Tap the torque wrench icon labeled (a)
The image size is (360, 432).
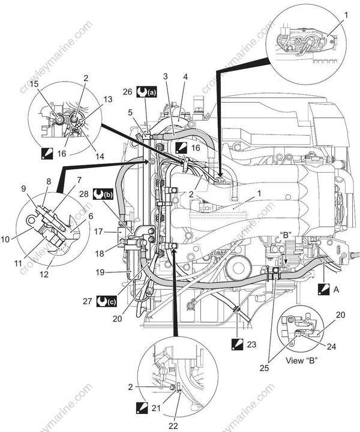coord(145,92)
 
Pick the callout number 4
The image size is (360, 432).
coord(185,77)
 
